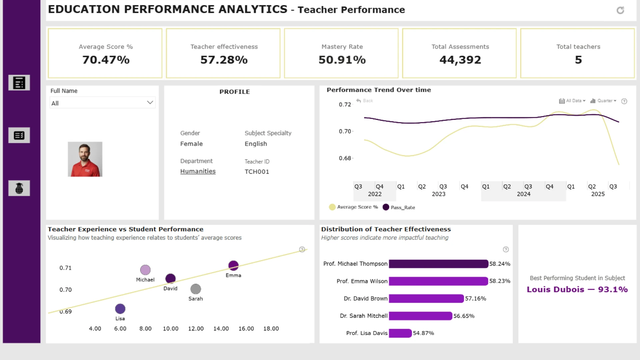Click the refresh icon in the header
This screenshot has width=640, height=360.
[620, 10]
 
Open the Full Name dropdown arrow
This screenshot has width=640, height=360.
[150, 103]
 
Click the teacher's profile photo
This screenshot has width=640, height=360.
[85, 159]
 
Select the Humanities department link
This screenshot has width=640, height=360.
[198, 171]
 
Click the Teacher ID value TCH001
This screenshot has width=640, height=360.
[257, 172]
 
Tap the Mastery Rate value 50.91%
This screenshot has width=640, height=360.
[342, 60]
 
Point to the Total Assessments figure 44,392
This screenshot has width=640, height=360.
[460, 60]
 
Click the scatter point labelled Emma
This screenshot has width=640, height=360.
[233, 266]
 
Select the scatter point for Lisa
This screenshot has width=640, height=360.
[120, 309]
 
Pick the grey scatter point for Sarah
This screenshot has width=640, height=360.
[196, 289]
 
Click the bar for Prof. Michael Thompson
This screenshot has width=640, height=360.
[438, 264]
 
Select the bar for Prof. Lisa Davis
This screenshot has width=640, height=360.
[400, 333]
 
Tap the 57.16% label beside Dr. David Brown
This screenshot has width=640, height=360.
[476, 299]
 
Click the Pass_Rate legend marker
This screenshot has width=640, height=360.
[386, 207]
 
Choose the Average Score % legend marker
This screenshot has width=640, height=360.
[332, 207]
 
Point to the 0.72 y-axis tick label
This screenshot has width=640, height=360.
[345, 105]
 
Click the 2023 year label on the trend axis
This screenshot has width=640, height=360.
[439, 194]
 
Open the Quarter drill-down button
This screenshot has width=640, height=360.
[603, 101]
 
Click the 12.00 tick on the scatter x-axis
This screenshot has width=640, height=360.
[196, 329]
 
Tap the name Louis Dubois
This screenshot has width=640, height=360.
[555, 289]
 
